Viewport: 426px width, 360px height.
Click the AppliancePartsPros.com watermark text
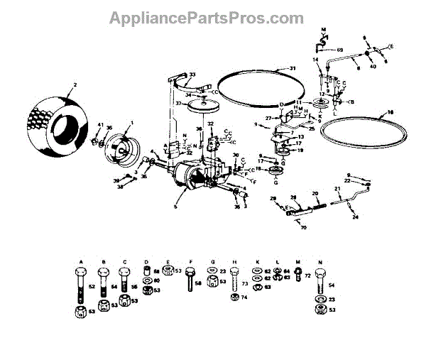[213, 18]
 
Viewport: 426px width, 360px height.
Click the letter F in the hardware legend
[190, 262]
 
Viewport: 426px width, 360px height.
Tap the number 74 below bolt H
[244, 298]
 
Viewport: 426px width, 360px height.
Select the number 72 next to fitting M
[309, 275]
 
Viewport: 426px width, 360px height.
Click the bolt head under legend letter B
[104, 272]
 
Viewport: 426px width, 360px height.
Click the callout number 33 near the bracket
[192, 74]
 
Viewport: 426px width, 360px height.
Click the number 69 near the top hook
[339, 50]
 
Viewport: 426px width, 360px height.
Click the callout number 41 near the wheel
[101, 125]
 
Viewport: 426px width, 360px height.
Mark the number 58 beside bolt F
[199, 283]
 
